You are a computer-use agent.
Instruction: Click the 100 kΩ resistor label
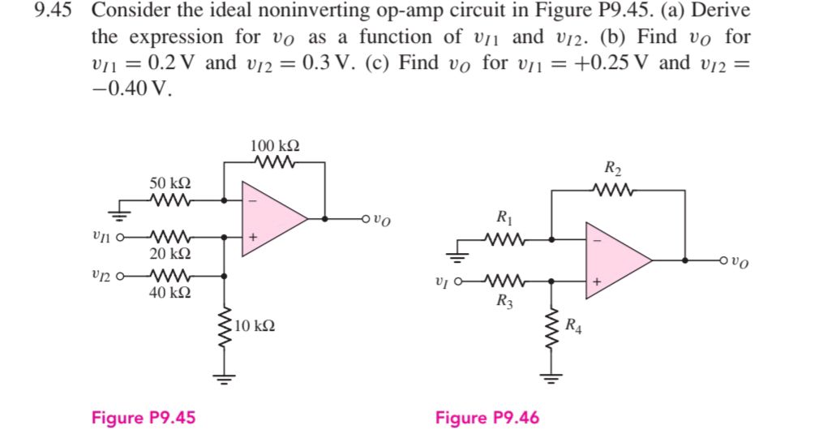[x=276, y=146]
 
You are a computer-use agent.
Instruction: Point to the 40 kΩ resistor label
[x=170, y=292]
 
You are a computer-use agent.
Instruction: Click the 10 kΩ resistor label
[x=255, y=325]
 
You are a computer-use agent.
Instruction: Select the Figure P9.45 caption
[x=144, y=418]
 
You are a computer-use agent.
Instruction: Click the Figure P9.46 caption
[x=487, y=418]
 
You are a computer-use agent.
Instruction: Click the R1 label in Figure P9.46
[x=504, y=217]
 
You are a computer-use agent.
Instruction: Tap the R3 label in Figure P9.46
[x=504, y=303]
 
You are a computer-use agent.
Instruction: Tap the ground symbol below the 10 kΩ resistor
[x=225, y=375]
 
